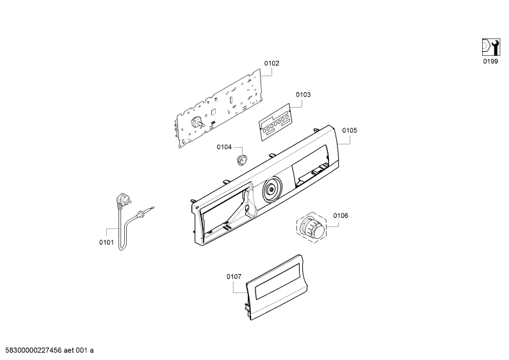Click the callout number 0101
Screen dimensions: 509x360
(106, 242)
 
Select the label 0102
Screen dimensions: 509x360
(271, 63)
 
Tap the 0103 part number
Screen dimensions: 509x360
(303, 95)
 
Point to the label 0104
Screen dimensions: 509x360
(224, 147)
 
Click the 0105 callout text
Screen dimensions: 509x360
(350, 130)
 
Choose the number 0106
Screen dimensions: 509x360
(341, 215)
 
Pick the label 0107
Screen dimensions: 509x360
(234, 277)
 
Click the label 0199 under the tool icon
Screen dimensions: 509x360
(490, 61)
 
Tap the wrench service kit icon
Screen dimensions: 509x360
(491, 47)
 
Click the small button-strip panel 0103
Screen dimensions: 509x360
(275, 122)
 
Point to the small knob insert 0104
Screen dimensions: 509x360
(241, 160)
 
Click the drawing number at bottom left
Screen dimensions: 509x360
(47, 350)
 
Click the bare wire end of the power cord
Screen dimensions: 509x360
(152, 208)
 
